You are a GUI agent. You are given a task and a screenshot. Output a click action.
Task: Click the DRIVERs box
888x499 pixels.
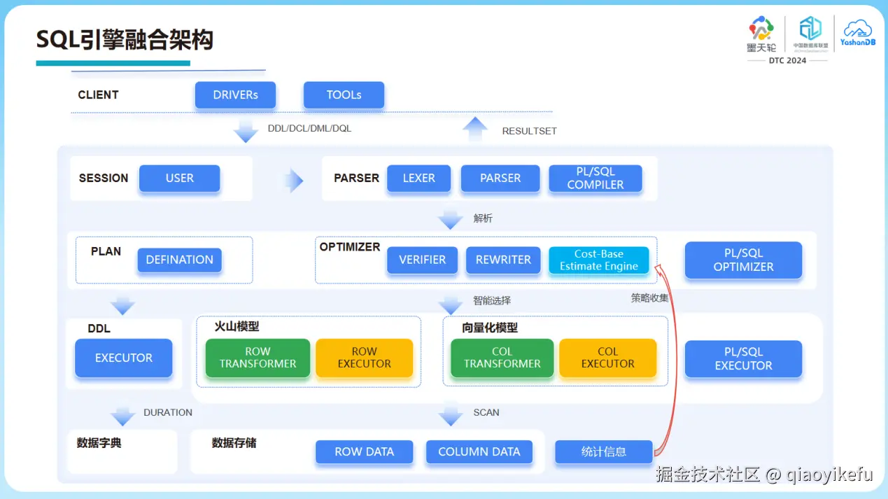(235, 95)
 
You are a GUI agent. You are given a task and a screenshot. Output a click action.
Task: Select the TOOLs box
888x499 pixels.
(344, 95)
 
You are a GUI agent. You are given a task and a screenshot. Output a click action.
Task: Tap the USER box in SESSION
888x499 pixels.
(179, 178)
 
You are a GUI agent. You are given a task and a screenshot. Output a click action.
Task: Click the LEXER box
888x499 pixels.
(418, 178)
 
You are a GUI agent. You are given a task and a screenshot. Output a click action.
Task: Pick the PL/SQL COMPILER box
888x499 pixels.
(595, 178)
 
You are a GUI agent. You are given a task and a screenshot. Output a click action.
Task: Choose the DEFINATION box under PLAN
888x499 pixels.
(179, 260)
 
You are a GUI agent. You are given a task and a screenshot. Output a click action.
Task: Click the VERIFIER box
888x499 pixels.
(422, 260)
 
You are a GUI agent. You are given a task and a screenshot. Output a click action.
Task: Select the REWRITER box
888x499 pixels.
(503, 260)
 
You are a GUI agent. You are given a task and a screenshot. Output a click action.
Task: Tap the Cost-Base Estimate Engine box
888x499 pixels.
(598, 260)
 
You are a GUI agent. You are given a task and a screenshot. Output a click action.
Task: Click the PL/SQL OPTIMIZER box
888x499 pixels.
(743, 260)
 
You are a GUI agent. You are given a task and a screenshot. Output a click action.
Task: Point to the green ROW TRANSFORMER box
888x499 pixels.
(258, 358)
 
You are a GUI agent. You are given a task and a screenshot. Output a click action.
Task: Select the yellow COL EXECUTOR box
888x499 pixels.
(607, 358)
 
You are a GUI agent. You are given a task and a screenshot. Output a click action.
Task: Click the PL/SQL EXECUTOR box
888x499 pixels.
(743, 359)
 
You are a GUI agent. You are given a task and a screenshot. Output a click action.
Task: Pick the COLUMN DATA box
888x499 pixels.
(479, 452)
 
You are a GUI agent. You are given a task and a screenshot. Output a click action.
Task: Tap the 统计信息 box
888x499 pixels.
(603, 452)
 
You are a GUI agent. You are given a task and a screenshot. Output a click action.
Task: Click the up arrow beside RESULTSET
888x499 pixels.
(475, 129)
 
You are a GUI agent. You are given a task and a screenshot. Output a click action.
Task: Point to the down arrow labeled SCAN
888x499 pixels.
(451, 415)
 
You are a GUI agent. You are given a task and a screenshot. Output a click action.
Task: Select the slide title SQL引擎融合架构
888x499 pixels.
(125, 41)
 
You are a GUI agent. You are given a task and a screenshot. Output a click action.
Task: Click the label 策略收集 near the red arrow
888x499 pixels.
(649, 297)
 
